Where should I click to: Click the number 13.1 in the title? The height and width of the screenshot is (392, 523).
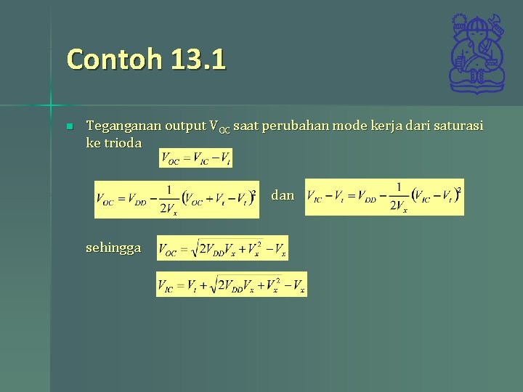(198, 59)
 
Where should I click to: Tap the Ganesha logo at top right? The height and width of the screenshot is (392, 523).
(476, 54)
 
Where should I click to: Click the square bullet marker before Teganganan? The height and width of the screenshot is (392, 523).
(69, 127)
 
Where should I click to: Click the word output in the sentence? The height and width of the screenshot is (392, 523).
(185, 126)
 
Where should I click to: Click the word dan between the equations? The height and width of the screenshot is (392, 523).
(283, 195)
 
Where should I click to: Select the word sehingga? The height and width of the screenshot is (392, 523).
(113, 248)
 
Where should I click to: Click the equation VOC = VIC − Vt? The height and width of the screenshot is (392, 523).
(195, 158)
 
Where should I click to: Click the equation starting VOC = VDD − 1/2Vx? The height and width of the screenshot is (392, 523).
(177, 200)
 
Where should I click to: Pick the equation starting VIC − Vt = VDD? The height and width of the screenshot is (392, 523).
(384, 197)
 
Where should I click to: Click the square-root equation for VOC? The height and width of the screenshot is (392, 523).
(222, 248)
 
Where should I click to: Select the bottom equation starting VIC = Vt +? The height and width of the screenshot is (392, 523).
(232, 284)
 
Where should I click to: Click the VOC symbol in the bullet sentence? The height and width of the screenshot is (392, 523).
(219, 127)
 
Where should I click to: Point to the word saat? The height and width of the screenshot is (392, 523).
(246, 126)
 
